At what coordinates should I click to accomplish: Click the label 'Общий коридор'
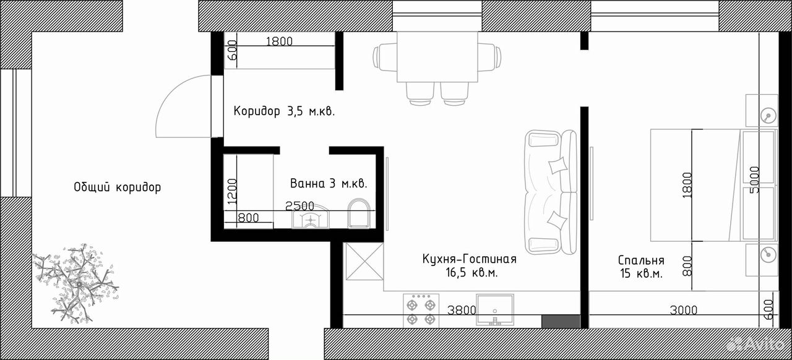click(x=118, y=187)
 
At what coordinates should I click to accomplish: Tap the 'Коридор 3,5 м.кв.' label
click(x=284, y=111)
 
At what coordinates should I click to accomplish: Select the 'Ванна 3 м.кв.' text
click(x=329, y=183)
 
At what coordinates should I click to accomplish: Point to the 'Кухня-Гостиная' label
click(x=469, y=259)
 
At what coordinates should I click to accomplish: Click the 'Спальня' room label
click(x=641, y=260)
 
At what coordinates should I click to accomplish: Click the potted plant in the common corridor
click(x=75, y=283)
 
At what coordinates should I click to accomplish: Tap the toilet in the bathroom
click(x=358, y=213)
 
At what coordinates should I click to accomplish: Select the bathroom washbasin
click(x=311, y=216)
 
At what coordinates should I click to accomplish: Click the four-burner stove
click(x=421, y=310)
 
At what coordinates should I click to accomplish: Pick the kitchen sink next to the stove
click(x=494, y=309)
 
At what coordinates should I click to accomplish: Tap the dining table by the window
click(x=437, y=57)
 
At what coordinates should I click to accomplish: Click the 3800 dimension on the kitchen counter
click(x=462, y=310)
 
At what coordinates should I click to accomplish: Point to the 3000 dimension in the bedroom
click(x=684, y=310)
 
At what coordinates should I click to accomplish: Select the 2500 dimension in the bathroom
click(x=300, y=205)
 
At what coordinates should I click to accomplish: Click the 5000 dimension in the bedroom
click(x=754, y=179)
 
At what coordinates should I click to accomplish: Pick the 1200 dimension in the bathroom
click(x=232, y=191)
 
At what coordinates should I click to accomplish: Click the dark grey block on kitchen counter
click(x=561, y=322)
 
